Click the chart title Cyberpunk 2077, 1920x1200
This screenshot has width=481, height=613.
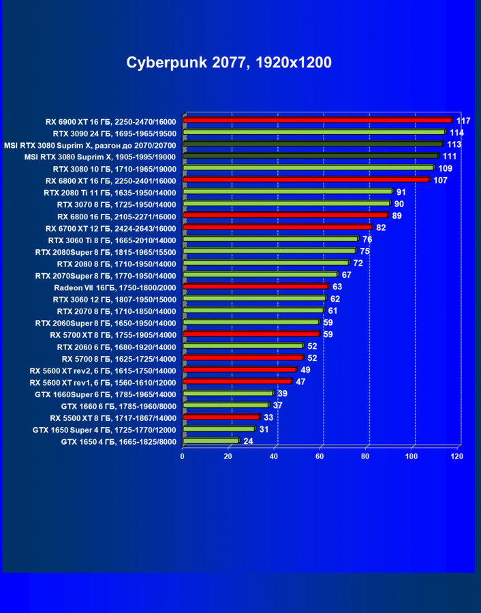click(x=229, y=63)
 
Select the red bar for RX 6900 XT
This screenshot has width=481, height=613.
click(x=317, y=121)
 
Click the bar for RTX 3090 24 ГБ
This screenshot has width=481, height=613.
click(x=314, y=132)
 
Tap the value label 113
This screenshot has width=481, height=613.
click(x=454, y=144)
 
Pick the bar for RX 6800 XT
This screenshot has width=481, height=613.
click(x=306, y=180)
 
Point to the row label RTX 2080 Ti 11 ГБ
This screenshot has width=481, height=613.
click(x=109, y=192)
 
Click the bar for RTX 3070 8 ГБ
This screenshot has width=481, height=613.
click(x=286, y=204)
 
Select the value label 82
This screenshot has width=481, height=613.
click(x=381, y=227)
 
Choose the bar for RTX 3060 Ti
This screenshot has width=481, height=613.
click(x=270, y=239)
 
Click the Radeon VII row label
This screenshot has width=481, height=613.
click(x=114, y=287)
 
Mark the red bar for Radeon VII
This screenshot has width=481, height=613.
click(x=255, y=287)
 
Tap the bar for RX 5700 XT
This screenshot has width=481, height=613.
click(x=251, y=334)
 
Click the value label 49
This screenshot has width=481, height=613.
click(x=305, y=370)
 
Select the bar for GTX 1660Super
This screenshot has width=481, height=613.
click(x=228, y=394)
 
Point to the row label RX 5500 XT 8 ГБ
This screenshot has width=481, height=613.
click(x=112, y=418)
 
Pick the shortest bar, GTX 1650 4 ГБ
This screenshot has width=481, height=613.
click(x=211, y=441)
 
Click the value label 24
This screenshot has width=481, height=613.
click(x=248, y=441)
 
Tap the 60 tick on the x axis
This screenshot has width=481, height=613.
click(x=320, y=456)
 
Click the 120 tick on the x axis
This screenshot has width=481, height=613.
click(x=456, y=456)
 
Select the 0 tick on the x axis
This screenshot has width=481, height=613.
click(x=183, y=456)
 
